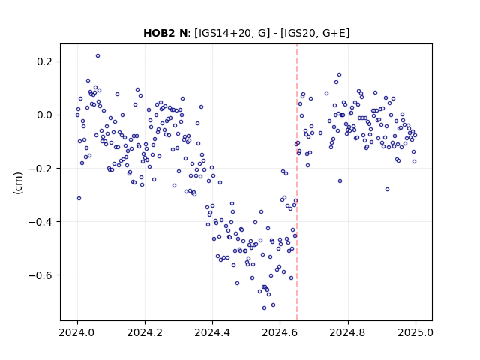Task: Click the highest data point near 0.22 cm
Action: click(97, 56)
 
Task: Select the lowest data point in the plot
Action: click(264, 307)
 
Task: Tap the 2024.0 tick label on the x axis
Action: click(77, 332)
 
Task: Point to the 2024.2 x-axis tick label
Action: click(145, 332)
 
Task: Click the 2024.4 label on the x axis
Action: click(212, 332)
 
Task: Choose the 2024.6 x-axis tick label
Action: click(280, 332)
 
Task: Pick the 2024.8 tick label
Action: click(347, 332)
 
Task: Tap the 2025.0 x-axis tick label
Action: click(415, 332)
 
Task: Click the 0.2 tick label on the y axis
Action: click(45, 61)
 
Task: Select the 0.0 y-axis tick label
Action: click(45, 115)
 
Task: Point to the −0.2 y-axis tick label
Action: click(41, 168)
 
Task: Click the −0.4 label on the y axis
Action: click(41, 222)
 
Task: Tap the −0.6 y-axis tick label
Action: click(41, 275)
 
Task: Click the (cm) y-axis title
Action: click(18, 183)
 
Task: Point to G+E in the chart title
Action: click(334, 33)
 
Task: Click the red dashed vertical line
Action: click(297, 182)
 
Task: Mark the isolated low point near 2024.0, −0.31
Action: click(79, 198)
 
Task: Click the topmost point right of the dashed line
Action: click(339, 75)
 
